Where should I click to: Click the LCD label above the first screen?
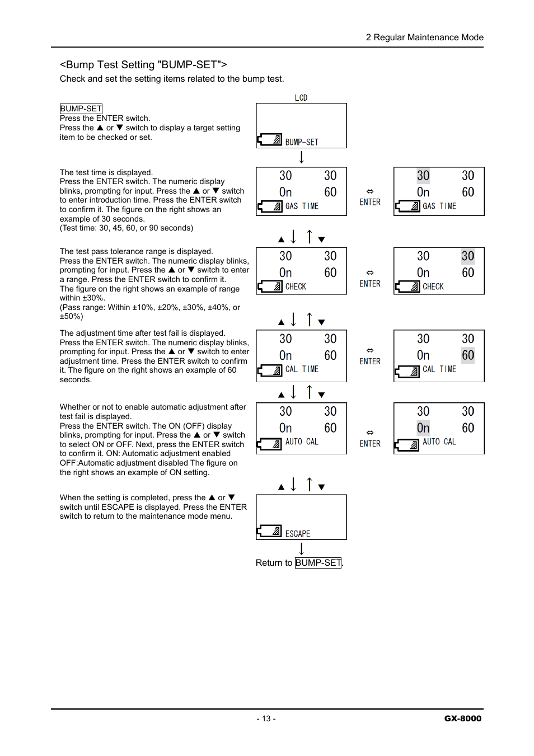point(301,98)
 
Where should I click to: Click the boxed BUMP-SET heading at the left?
point(81,109)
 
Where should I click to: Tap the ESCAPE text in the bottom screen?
point(298,534)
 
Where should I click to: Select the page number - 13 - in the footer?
point(266,719)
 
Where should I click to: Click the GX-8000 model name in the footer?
point(462,719)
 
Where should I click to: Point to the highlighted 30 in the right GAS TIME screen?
point(423,176)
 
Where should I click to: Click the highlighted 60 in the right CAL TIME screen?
point(468,355)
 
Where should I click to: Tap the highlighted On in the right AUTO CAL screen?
point(423,428)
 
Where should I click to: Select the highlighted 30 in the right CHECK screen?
point(468,256)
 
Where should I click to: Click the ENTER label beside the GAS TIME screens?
point(370,202)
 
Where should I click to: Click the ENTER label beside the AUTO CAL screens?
point(370,444)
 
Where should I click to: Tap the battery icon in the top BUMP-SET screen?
point(270,140)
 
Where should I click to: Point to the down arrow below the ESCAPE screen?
point(302,548)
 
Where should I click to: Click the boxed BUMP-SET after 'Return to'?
point(318,563)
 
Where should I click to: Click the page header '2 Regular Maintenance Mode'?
point(424,37)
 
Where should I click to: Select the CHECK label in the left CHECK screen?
point(296,287)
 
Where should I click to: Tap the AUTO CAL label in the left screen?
point(302,442)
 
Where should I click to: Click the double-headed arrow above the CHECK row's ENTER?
point(370,273)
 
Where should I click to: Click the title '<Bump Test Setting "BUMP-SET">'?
point(143,65)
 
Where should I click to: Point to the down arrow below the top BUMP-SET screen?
point(302,157)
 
